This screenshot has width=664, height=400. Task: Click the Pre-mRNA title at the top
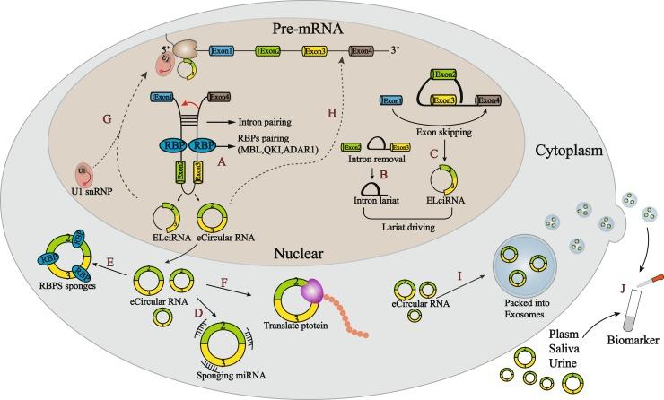[286, 17]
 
